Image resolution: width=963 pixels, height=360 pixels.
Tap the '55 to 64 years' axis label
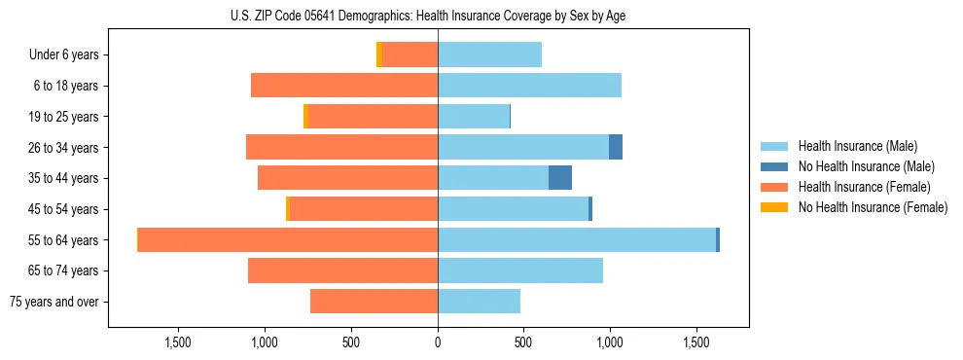pos(63,240)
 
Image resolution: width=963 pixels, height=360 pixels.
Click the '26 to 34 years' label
pos(63,148)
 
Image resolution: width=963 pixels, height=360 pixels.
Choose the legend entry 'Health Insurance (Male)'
pos(857,146)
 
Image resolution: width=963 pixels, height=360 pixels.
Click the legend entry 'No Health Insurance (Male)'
pos(866,166)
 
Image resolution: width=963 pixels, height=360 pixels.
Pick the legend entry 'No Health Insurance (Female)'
pos(873,207)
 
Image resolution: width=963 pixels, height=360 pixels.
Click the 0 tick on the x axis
pos(438,342)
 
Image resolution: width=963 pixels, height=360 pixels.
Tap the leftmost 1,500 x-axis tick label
pos(178,342)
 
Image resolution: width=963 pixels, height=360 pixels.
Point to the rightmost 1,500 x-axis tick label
pos(696,342)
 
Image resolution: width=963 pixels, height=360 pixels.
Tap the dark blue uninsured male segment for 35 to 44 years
pos(560,178)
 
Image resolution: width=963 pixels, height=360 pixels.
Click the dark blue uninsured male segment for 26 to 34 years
pos(616,147)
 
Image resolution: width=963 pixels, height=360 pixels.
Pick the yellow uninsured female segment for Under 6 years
pos(379,54)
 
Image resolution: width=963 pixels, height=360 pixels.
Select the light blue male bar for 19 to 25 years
pos(474,117)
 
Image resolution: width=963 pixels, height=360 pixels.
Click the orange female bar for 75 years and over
pos(374,302)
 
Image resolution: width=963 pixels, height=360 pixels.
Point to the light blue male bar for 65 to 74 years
pos(520,270)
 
